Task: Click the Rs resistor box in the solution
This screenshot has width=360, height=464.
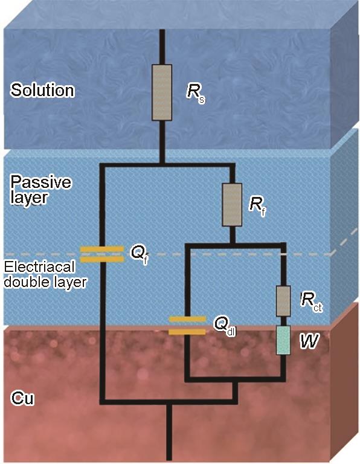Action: [x=162, y=92]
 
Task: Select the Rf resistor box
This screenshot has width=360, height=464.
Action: [x=232, y=205]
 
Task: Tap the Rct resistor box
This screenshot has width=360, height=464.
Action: [x=283, y=301]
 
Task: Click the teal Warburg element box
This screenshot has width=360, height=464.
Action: [x=283, y=340]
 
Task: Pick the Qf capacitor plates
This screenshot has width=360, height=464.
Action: [x=102, y=254]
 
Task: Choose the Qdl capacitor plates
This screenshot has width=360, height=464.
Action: [x=187, y=326]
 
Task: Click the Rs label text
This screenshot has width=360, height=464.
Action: [x=196, y=92]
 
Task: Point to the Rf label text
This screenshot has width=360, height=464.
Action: [x=257, y=205]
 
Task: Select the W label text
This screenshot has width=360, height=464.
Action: [x=309, y=340]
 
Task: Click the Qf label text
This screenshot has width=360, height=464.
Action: [x=139, y=254]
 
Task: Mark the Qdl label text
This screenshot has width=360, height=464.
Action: [x=225, y=326]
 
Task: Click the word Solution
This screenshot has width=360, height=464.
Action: [x=42, y=89]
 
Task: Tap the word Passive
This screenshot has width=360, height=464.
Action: [x=41, y=182]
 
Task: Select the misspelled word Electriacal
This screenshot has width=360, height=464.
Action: [x=39, y=267]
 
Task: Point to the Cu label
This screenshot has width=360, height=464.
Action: [x=22, y=398]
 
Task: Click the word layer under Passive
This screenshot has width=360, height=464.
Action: [x=29, y=198]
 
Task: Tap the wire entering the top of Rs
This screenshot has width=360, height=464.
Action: [x=162, y=47]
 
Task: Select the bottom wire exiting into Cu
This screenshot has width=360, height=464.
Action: [x=169, y=433]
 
